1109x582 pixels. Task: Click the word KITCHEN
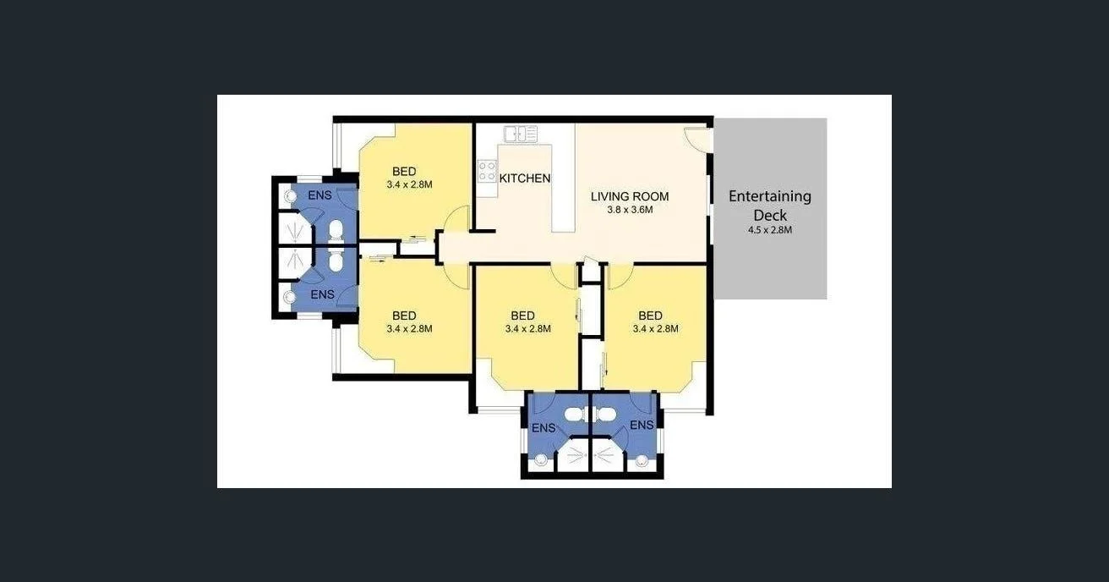coord(525,178)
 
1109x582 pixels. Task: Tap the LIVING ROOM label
coord(629,196)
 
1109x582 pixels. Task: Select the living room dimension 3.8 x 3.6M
coord(630,210)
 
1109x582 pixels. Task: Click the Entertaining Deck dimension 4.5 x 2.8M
coord(769,229)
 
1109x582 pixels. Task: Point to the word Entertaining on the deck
coord(769,196)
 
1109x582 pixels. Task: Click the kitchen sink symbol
coord(521,134)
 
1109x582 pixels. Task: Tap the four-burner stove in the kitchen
coord(487,171)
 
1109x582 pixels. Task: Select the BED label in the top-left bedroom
coord(404,172)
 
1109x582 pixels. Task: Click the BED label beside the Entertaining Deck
coord(650,316)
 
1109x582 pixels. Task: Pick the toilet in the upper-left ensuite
coord(336,230)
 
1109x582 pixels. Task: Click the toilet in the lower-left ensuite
coord(336,262)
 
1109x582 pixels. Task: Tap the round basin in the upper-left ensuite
coord(290,195)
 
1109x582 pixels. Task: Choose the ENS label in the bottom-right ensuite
coord(642,425)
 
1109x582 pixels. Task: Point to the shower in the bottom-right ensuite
coord(607,455)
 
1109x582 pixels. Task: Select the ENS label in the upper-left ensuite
coord(320,195)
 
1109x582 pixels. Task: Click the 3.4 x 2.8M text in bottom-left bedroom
coord(409,329)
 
